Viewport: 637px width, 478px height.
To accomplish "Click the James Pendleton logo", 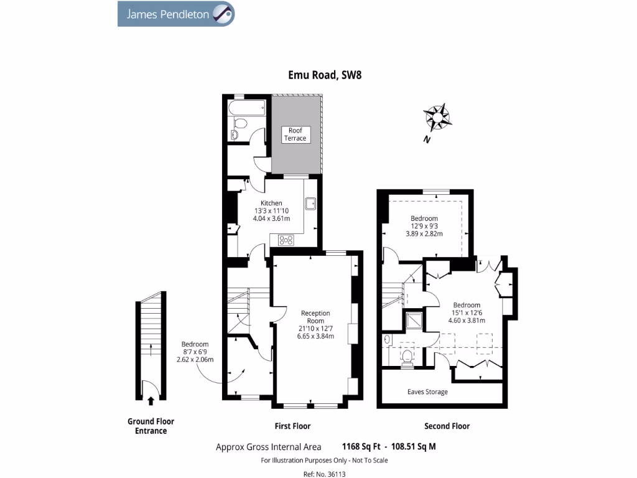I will [x=176, y=14].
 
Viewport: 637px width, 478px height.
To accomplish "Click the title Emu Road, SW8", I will [x=324, y=75].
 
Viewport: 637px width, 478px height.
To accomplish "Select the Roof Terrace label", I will [x=295, y=134].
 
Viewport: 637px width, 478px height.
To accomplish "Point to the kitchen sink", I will [x=311, y=203].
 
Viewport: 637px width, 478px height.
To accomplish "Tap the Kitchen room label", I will [x=271, y=203].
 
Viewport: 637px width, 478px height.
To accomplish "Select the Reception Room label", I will [x=315, y=317].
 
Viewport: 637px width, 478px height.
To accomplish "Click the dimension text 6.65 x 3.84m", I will [x=315, y=336].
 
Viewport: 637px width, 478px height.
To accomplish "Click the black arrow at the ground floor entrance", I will [x=151, y=400].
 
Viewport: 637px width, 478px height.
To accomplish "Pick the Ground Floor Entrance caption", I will [x=151, y=426].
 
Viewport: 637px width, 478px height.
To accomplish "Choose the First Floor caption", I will [x=292, y=426].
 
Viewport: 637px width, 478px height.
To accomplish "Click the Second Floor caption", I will [x=447, y=426].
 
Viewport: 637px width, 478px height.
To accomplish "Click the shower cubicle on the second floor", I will [x=412, y=320].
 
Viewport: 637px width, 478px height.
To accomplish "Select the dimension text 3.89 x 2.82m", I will [x=424, y=233].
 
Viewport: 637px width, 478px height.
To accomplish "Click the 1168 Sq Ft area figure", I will [x=361, y=446].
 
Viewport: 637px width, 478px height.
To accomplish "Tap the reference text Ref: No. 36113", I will [x=324, y=473].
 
